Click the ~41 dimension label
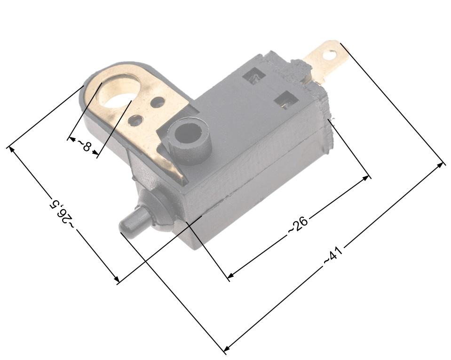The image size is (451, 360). [x=333, y=256]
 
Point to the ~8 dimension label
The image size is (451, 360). [x=84, y=146]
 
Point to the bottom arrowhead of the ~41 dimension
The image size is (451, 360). [x=226, y=349]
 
